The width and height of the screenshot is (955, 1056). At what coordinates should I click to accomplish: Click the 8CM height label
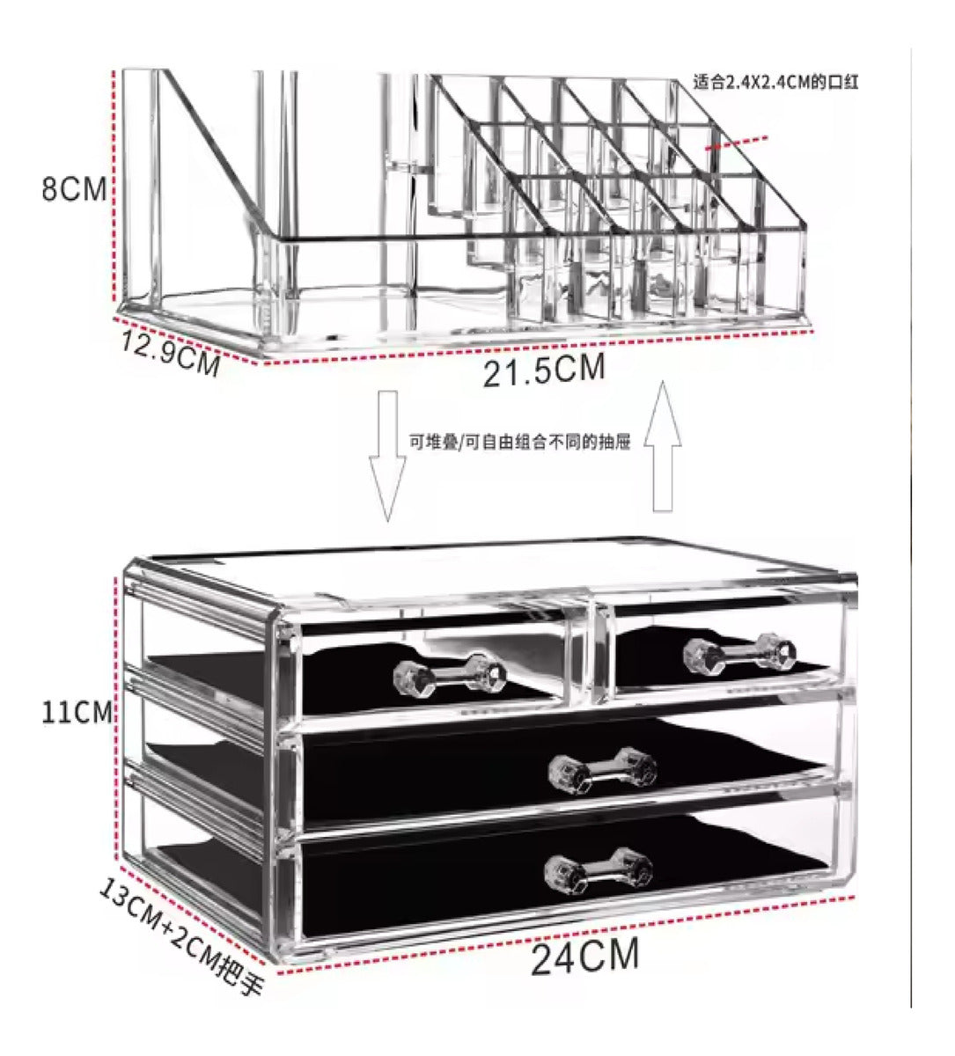click(74, 189)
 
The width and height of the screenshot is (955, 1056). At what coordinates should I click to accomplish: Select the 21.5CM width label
click(544, 370)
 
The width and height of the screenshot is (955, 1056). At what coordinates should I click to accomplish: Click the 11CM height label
click(77, 712)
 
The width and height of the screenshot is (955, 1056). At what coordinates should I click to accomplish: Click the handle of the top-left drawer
click(450, 673)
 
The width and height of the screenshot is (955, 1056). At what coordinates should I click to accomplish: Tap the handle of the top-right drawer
click(739, 651)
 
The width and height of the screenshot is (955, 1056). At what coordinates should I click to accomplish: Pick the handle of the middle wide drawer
click(602, 771)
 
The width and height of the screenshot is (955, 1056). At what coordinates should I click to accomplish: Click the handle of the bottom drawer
click(598, 869)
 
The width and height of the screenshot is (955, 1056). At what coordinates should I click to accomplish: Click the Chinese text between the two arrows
click(520, 442)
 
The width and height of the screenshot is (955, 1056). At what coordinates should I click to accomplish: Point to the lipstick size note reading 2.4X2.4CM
click(775, 83)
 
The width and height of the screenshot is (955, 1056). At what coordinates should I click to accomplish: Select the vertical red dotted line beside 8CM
click(115, 185)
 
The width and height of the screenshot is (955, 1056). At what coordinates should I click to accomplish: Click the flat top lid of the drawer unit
click(493, 572)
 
